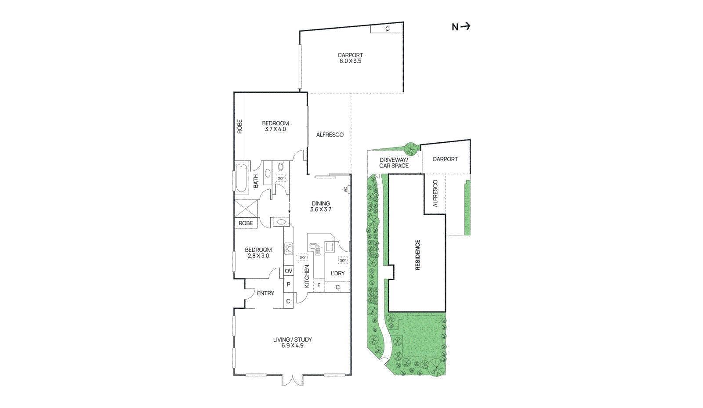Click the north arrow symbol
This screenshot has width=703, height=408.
click(x=465, y=26)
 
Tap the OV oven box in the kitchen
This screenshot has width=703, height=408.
click(x=288, y=271)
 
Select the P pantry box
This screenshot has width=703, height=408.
click(x=288, y=284)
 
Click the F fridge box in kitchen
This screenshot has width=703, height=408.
click(x=319, y=285)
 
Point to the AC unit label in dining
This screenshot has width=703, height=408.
click(x=345, y=189)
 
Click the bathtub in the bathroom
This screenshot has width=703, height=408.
click(x=241, y=178)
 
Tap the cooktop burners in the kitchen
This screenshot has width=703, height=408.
click(x=288, y=249)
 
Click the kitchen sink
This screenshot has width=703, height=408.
click(x=316, y=248)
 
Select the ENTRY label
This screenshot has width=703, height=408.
click(x=265, y=293)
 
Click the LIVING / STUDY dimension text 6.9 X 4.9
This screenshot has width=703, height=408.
click(x=292, y=346)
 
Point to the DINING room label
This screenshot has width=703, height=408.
click(x=321, y=203)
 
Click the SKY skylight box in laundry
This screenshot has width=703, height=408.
click(x=343, y=260)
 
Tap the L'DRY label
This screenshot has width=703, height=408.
click(x=337, y=273)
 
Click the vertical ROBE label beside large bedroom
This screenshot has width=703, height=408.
click(x=239, y=126)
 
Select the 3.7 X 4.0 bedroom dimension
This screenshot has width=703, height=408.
click(x=275, y=130)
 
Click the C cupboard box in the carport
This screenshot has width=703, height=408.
click(x=387, y=29)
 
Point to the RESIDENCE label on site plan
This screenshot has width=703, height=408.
click(x=417, y=255)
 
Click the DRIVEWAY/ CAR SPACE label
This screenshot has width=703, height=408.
click(x=394, y=163)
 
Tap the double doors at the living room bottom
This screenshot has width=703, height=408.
click(x=292, y=380)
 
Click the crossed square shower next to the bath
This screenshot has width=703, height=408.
click(x=246, y=208)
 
